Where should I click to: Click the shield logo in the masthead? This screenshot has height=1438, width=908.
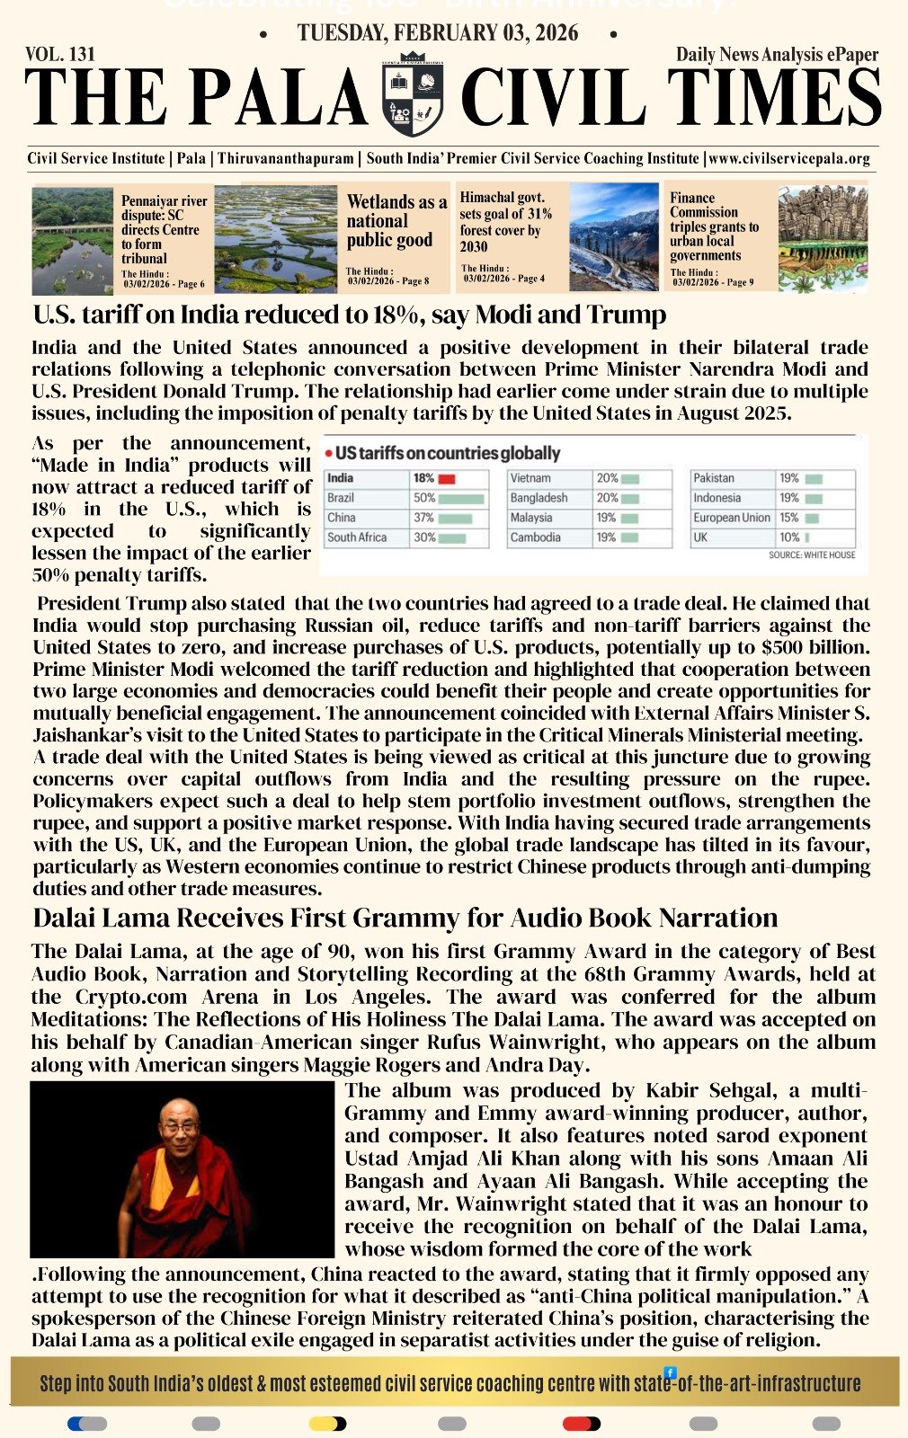click(413, 94)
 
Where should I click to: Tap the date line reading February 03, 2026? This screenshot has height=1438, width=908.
click(438, 33)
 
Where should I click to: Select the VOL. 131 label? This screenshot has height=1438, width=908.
click(60, 54)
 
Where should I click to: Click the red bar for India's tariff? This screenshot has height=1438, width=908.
click(447, 479)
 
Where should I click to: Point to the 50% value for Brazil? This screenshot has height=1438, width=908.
click(424, 498)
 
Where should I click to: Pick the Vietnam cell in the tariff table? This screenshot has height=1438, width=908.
click(530, 479)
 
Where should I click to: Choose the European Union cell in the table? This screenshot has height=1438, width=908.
click(732, 518)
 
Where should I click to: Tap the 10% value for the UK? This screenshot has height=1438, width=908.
click(789, 537)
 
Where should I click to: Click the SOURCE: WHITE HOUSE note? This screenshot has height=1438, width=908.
click(812, 555)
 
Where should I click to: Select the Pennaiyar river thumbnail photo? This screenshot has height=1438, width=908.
click(72, 240)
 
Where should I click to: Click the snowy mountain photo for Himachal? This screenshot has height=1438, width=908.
click(614, 237)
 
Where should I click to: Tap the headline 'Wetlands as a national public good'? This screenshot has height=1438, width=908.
click(396, 221)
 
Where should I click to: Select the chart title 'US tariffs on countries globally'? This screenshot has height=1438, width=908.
click(447, 453)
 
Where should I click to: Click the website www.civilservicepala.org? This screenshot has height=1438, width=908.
click(789, 159)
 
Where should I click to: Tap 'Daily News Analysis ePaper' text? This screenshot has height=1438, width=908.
click(777, 55)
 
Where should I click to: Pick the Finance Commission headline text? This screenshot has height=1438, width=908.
click(714, 226)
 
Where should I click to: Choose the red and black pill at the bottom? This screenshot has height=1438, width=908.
click(581, 1424)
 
